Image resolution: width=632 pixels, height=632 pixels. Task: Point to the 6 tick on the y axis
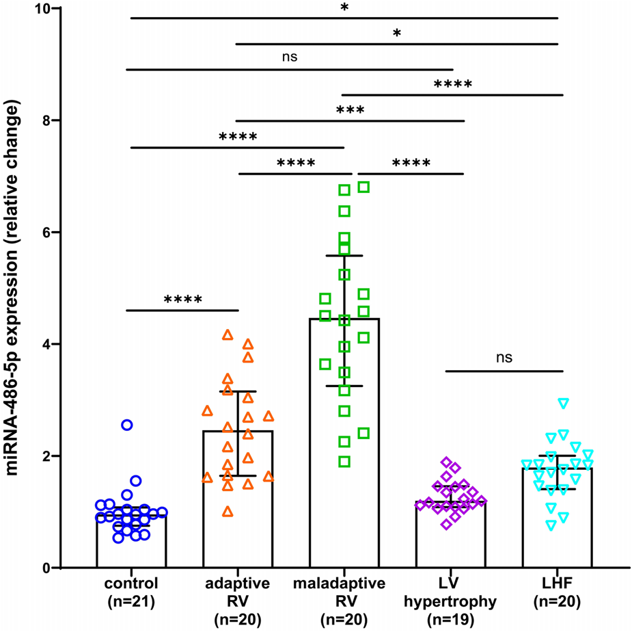[x=57, y=232]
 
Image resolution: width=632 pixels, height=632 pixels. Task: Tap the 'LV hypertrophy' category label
[x=451, y=593]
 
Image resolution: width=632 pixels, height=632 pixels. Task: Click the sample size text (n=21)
[x=131, y=602]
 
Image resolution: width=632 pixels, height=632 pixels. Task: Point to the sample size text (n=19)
[x=451, y=619]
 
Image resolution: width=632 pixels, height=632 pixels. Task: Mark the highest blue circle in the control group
[x=127, y=425]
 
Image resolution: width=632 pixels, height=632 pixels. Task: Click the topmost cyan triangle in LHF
[x=563, y=403]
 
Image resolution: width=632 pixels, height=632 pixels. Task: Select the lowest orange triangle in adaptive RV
[x=228, y=511]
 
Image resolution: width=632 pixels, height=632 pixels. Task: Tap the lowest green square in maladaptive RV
[x=345, y=462]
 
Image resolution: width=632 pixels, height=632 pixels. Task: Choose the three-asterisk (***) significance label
[x=350, y=110]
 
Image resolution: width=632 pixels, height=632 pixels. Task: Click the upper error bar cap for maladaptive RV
[x=344, y=255]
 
